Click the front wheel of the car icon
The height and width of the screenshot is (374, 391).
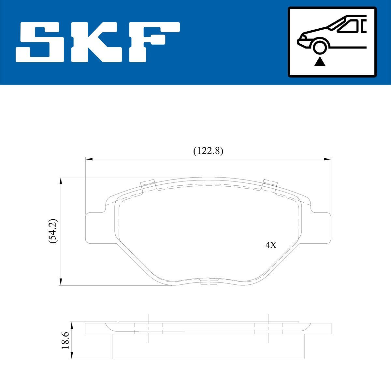click(x=320, y=46)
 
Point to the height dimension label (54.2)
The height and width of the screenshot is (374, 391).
click(x=53, y=231)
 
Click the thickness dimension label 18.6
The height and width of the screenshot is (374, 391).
click(x=66, y=341)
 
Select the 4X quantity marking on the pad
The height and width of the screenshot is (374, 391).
click(x=270, y=245)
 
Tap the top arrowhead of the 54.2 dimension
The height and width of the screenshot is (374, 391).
click(x=60, y=181)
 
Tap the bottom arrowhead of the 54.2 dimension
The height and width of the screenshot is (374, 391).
click(x=60, y=282)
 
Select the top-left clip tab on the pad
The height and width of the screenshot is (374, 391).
click(x=148, y=185)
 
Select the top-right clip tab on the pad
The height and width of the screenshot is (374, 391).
click(x=270, y=185)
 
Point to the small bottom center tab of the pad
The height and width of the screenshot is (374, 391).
click(x=209, y=282)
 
